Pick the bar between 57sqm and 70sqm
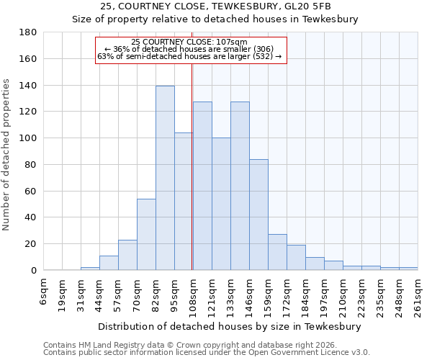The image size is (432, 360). pyautogui.click(x=127, y=255)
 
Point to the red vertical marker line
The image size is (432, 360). pyautogui.click(x=192, y=166)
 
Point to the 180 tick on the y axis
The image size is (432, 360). pyautogui.click(x=28, y=32)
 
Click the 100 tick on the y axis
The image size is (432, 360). pyautogui.click(x=28, y=138)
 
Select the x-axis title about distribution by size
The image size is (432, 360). pyautogui.click(x=229, y=326)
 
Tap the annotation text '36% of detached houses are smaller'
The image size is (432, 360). pyautogui.click(x=189, y=49)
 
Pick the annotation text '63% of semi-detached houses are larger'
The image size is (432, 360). pyautogui.click(x=189, y=56)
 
